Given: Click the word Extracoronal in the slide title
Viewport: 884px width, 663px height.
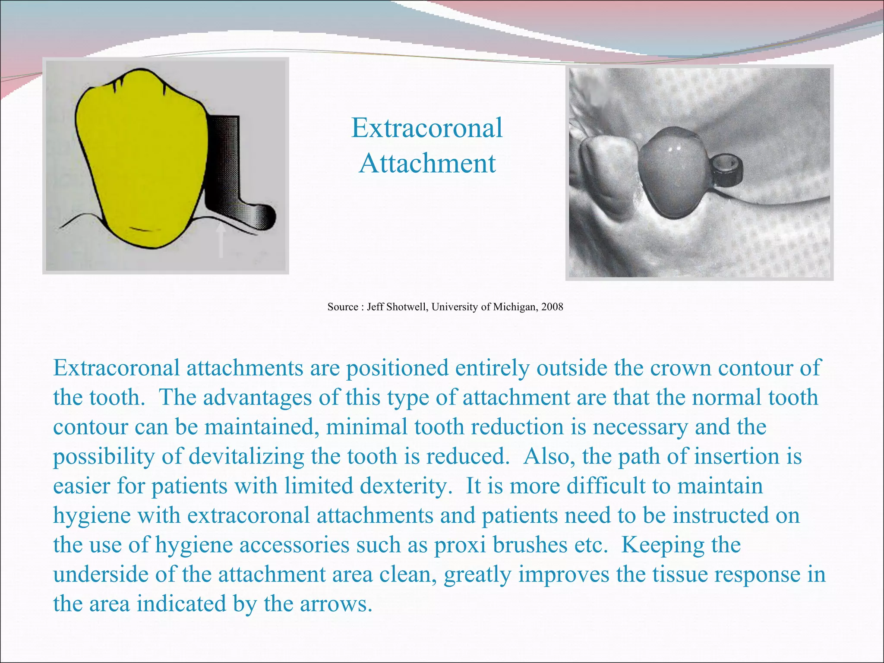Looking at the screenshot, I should point(427,128).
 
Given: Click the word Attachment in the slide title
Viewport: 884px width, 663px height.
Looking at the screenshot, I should point(427,164).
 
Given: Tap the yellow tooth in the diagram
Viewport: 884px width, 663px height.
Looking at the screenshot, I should point(142,160).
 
